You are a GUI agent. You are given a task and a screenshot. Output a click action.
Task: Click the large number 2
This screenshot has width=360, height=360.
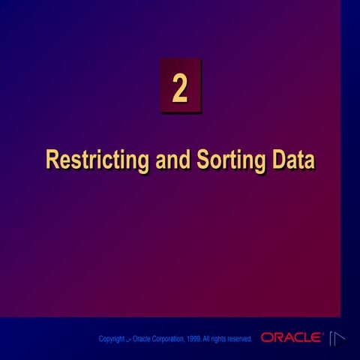(180, 88)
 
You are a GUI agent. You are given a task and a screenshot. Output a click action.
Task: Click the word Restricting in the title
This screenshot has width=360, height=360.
(97, 160)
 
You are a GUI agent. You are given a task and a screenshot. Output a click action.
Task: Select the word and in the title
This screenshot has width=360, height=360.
(173, 159)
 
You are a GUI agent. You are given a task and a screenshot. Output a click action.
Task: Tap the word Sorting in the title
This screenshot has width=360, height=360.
(231, 160)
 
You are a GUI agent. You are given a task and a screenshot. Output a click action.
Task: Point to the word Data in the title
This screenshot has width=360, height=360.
(293, 159)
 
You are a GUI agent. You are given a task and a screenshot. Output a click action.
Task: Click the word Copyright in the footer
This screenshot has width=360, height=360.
(112, 339)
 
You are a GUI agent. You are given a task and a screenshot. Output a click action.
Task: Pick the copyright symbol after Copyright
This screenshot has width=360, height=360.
(128, 340)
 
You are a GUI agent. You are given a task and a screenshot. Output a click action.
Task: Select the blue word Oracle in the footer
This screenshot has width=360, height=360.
(141, 339)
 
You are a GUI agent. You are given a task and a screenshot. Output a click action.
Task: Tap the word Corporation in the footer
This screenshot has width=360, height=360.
(168, 339)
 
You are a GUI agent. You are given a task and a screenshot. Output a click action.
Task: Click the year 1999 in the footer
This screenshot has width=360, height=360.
(193, 339)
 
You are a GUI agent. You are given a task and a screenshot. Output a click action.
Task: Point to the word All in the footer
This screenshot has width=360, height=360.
(205, 339)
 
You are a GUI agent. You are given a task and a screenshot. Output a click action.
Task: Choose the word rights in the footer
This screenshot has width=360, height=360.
(218, 339)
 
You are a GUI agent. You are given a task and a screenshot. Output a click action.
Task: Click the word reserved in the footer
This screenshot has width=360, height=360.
(239, 339)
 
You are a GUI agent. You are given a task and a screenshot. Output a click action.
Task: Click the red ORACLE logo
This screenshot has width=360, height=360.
(291, 337)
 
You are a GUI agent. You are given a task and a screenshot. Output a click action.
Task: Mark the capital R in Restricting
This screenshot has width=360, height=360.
(52, 159)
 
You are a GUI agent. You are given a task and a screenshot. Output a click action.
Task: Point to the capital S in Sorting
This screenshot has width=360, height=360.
(203, 159)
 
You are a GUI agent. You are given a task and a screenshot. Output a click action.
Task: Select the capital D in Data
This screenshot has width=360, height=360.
(279, 159)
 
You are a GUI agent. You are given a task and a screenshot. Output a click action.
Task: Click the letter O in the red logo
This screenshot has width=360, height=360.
(267, 337)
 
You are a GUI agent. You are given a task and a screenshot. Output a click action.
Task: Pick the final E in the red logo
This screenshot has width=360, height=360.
(316, 337)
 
